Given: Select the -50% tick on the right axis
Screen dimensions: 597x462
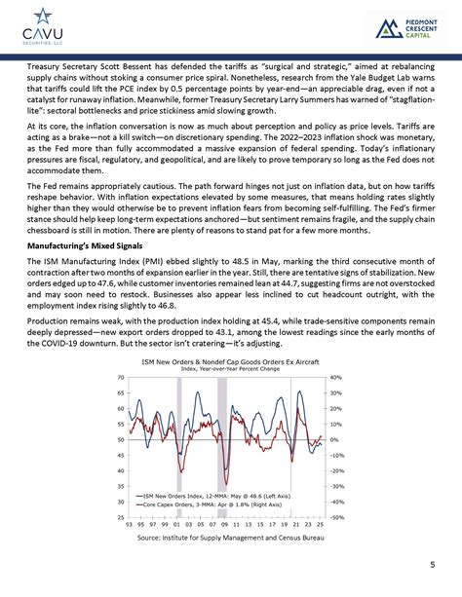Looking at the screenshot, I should [339, 517].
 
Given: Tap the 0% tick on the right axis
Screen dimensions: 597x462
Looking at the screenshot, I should [337, 439].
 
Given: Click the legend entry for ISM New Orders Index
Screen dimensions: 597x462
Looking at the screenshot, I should [205, 495].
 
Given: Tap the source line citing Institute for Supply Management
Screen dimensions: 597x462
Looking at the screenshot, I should [230, 538].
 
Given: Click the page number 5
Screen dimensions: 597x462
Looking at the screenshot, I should [432, 565].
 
